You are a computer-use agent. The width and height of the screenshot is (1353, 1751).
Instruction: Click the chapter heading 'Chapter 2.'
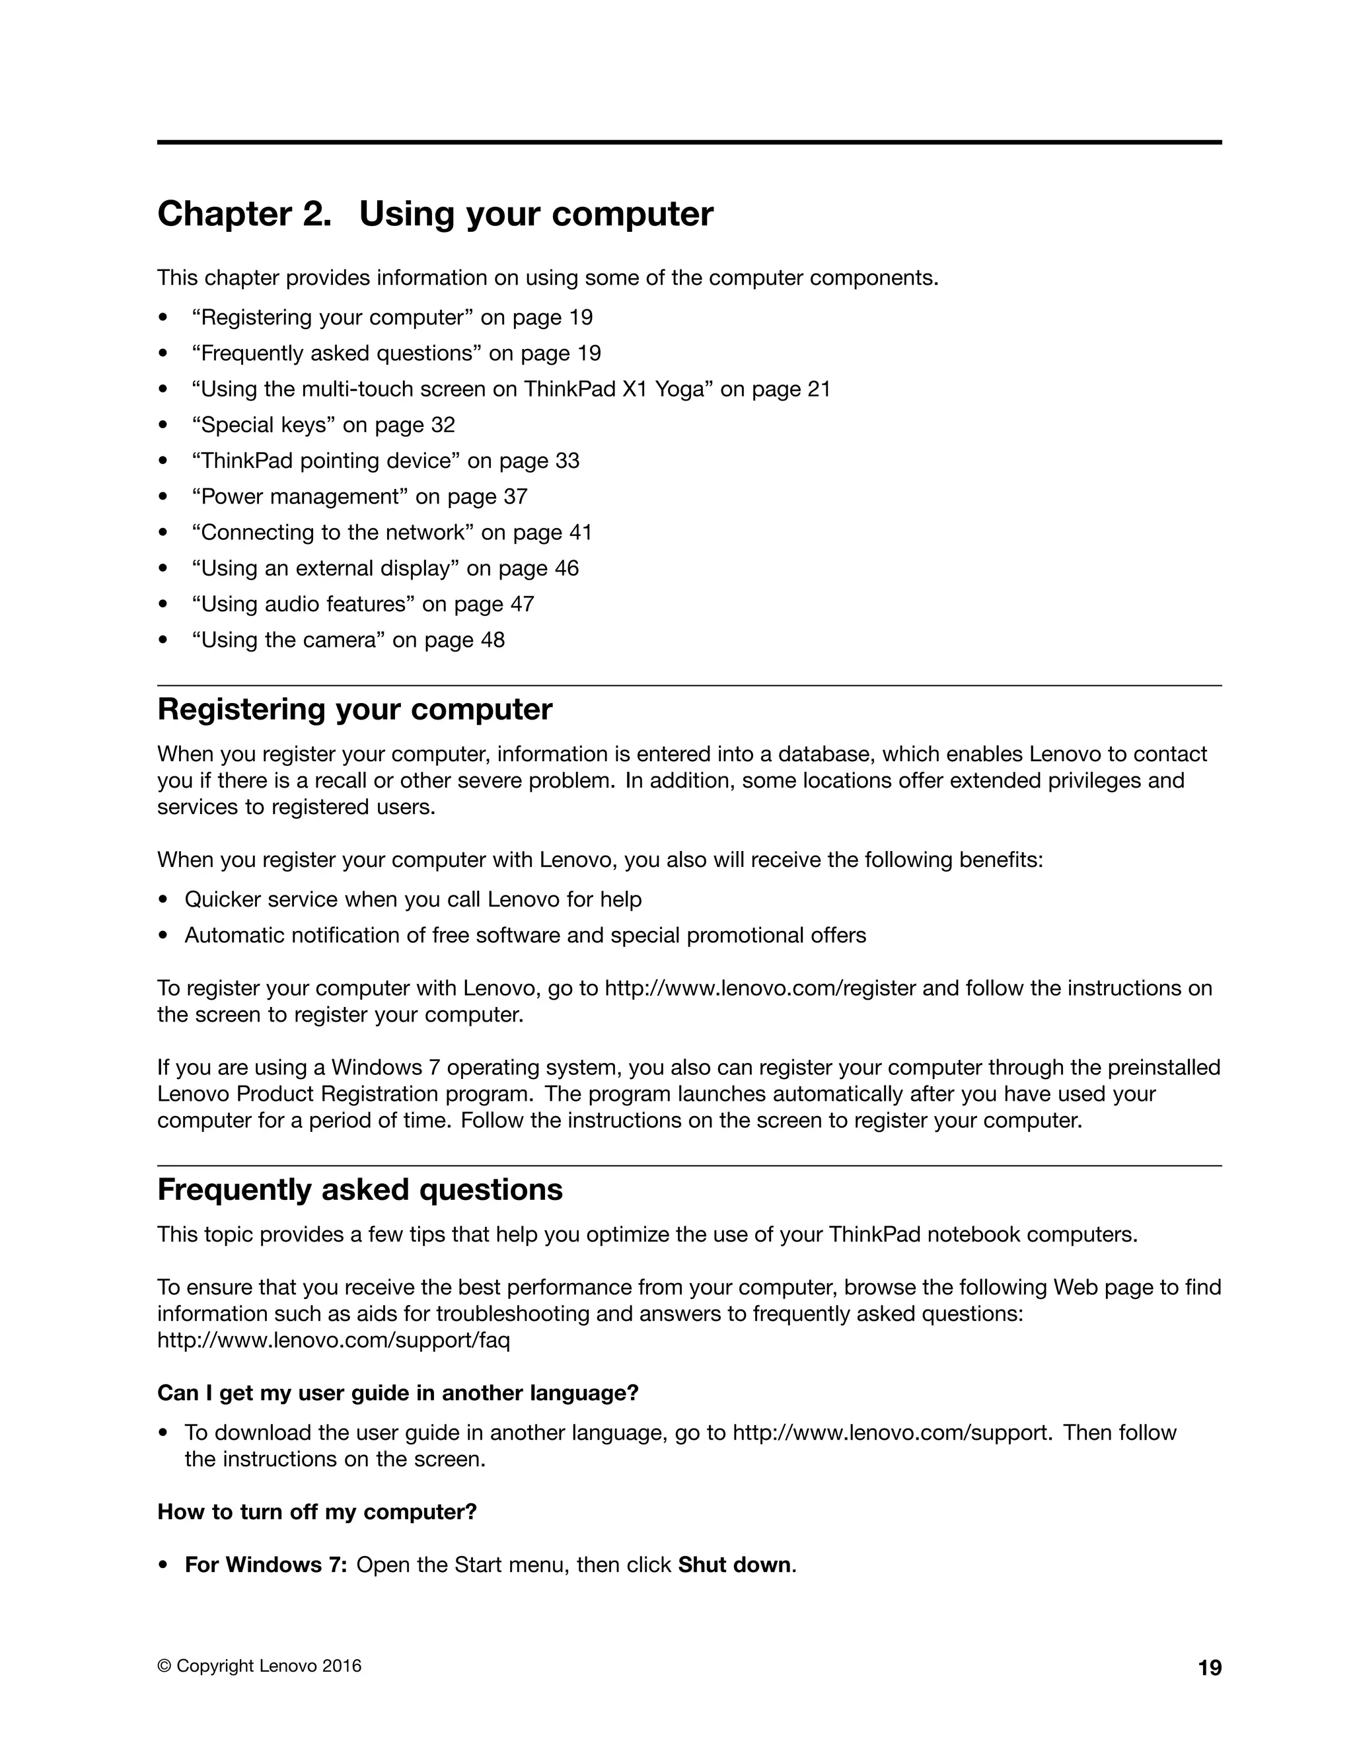tap(244, 214)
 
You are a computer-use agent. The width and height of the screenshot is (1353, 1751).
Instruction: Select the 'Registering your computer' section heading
tap(354, 710)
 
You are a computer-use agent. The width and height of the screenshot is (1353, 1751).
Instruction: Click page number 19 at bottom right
tap(1210, 1668)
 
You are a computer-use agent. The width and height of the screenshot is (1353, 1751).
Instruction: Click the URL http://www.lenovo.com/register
tap(760, 988)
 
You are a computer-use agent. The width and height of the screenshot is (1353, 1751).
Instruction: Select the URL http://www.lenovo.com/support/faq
tap(334, 1340)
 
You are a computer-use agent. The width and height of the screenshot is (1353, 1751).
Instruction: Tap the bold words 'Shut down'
tap(734, 1564)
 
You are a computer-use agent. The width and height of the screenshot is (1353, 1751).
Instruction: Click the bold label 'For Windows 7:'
tap(266, 1564)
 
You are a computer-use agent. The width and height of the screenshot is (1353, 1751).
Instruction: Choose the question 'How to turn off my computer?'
tap(316, 1511)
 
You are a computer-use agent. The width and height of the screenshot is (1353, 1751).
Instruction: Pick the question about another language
tap(398, 1393)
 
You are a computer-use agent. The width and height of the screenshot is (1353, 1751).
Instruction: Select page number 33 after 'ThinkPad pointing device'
tap(567, 461)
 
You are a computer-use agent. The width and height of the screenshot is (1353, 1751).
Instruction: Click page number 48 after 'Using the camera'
tap(492, 640)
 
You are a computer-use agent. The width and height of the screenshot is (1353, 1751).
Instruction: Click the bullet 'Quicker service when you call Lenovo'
tap(413, 899)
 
